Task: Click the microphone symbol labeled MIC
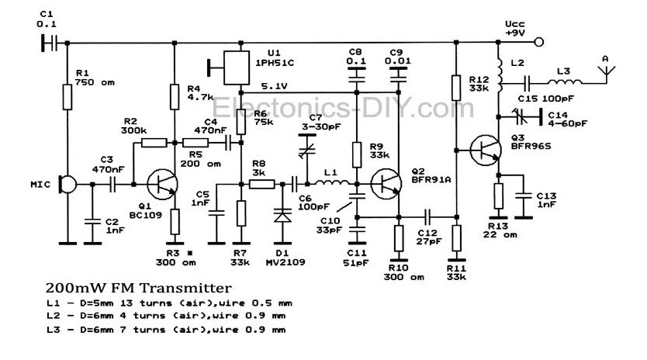67,185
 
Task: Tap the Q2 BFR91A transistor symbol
386,184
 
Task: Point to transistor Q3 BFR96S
486,151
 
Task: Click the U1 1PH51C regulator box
237,67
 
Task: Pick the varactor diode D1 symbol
282,216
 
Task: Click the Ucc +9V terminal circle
538,42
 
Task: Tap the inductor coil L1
332,183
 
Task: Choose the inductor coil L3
565,81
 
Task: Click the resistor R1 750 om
67,97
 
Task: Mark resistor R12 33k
456,88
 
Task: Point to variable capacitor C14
522,117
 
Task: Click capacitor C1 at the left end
49,43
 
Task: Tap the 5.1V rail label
274,87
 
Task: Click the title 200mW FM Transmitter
139,288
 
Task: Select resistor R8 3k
262,184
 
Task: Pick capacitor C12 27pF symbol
427,216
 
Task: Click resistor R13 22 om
499,196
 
